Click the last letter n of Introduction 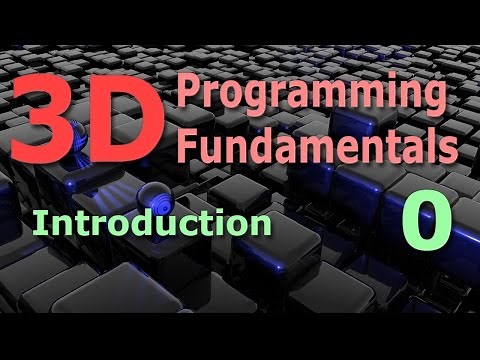[x=261, y=225]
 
